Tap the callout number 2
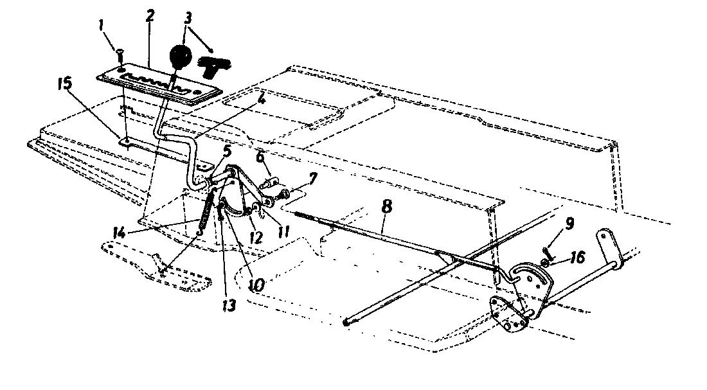(x=150, y=16)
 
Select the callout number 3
(x=188, y=18)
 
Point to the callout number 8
(x=386, y=206)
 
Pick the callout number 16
(x=578, y=257)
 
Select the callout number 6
(x=260, y=157)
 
